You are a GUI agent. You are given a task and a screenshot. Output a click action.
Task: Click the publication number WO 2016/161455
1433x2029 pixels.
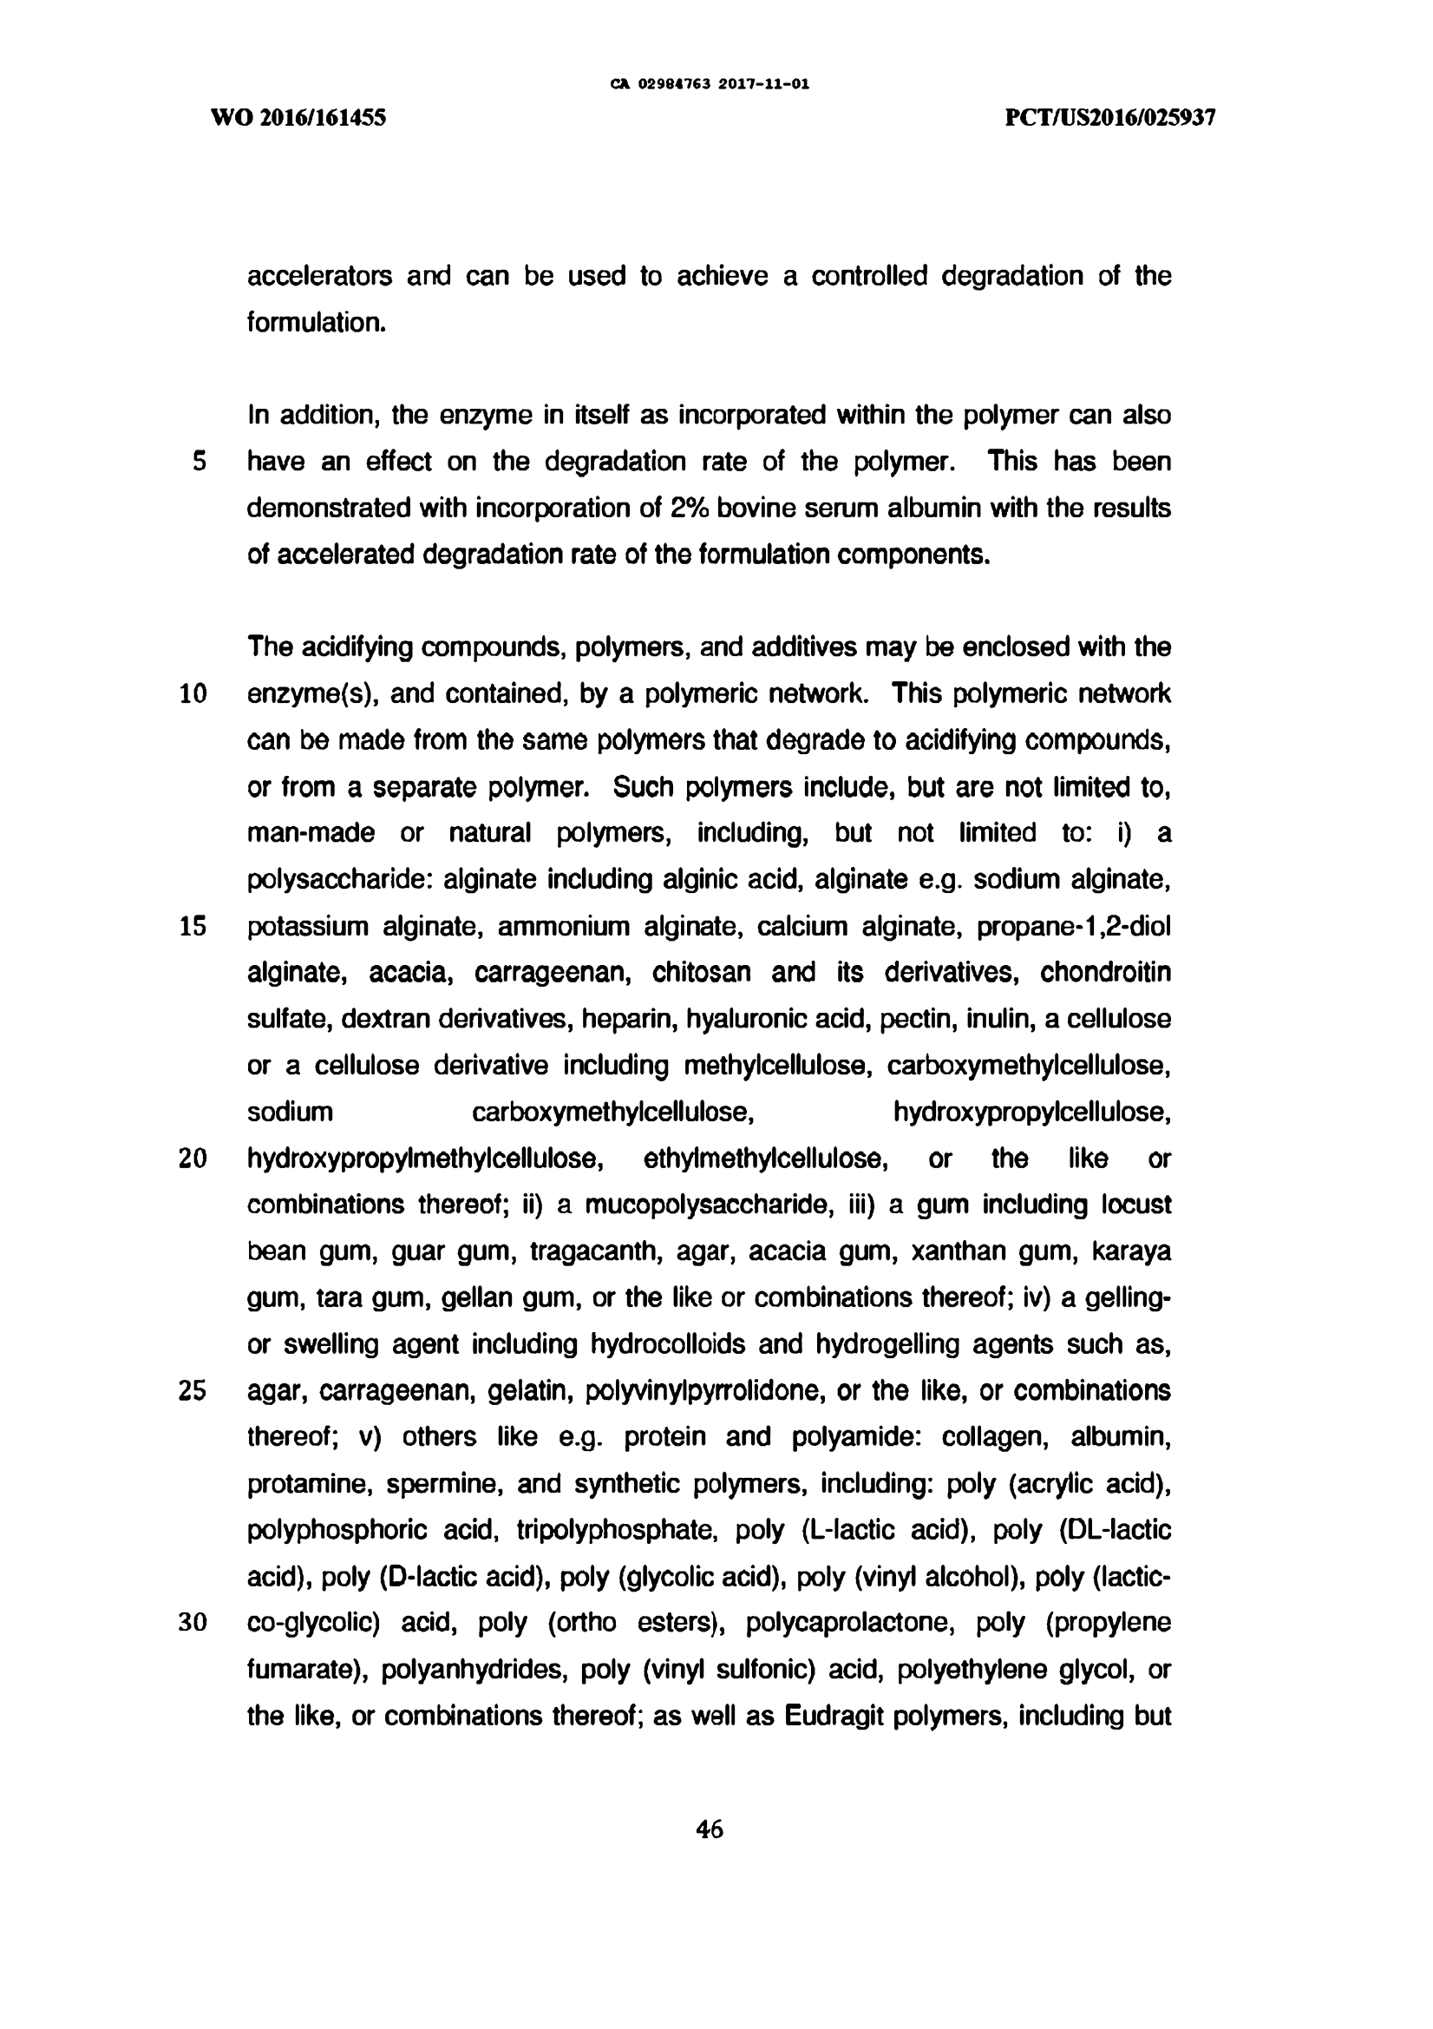tap(298, 118)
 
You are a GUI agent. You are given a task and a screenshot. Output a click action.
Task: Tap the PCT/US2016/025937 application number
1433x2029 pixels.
tap(1110, 118)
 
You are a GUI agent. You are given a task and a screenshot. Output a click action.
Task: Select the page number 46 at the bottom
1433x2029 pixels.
tap(710, 1829)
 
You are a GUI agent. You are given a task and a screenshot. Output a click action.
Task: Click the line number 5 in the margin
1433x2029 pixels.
tap(199, 462)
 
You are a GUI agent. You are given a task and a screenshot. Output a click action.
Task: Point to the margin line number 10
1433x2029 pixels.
tap(193, 693)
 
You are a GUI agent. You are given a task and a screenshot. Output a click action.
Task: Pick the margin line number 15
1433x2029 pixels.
tap(193, 926)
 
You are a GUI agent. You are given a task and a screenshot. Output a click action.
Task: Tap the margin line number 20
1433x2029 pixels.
tap(193, 1159)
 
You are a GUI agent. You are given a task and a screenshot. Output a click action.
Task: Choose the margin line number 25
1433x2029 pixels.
tap(193, 1391)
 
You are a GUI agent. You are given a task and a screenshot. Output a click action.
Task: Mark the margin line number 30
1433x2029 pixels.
tap(193, 1624)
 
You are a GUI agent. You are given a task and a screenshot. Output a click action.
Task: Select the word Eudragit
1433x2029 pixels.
tap(834, 1717)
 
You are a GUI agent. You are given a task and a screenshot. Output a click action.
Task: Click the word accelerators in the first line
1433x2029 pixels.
tap(319, 277)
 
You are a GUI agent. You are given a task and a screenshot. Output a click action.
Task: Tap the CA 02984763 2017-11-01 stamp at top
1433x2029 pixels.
tap(710, 85)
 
